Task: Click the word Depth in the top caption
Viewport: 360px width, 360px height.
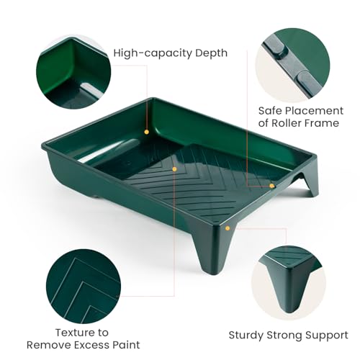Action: (211, 53)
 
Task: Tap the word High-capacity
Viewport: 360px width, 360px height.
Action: (153, 53)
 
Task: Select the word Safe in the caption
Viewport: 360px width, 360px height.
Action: (270, 111)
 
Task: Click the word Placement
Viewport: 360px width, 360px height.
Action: (315, 111)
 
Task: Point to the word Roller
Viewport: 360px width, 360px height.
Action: (287, 123)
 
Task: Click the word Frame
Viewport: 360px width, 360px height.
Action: (322, 123)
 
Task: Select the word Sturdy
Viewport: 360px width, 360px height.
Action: (246, 336)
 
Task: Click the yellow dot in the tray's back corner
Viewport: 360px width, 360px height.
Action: (147, 132)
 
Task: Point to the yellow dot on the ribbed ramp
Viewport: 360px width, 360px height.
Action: (174, 169)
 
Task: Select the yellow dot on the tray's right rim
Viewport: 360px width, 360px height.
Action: (271, 186)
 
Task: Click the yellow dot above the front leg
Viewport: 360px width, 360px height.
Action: (228, 228)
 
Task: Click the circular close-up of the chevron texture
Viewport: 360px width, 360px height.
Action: (84, 287)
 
